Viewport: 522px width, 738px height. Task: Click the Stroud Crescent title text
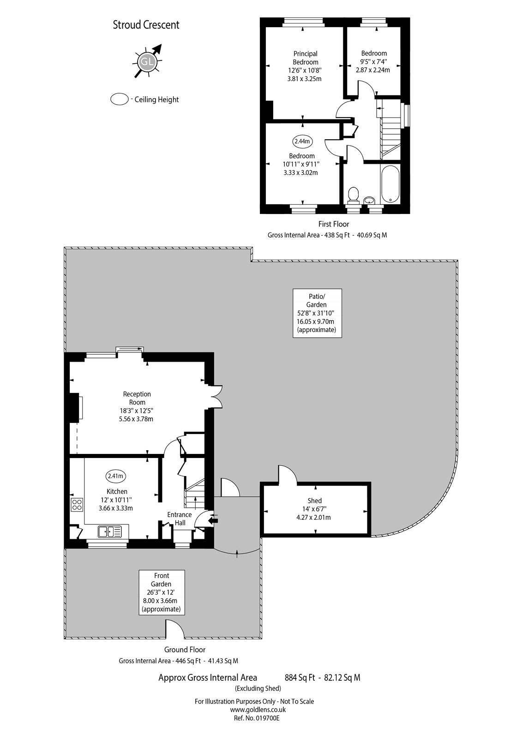(146, 25)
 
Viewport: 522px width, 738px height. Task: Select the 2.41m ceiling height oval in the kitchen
(116, 476)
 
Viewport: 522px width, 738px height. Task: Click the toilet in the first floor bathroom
(354, 194)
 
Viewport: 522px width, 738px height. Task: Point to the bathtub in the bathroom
(391, 184)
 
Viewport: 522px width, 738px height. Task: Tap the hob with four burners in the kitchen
(77, 504)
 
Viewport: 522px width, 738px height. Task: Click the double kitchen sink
(110, 532)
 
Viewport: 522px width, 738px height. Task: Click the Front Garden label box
(162, 592)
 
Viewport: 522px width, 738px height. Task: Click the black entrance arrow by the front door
(214, 521)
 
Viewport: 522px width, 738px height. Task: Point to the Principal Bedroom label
(305, 58)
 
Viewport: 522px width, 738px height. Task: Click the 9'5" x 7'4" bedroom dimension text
(374, 62)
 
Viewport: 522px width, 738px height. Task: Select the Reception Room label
(137, 398)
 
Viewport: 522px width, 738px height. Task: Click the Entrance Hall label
(180, 518)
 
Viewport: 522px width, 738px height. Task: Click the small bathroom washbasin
(369, 200)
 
